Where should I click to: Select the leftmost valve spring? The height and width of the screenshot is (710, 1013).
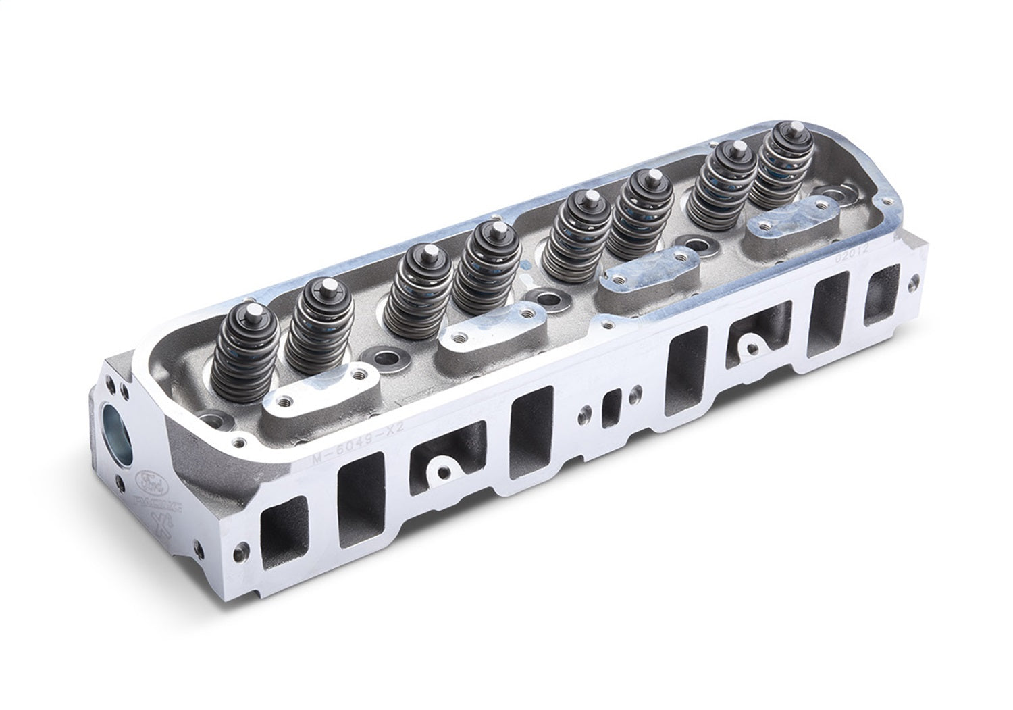pyautogui.click(x=240, y=351)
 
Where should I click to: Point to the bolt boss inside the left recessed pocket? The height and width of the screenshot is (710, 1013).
pyautogui.click(x=440, y=467)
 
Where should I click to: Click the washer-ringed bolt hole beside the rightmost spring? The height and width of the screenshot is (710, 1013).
pyautogui.click(x=837, y=196)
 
